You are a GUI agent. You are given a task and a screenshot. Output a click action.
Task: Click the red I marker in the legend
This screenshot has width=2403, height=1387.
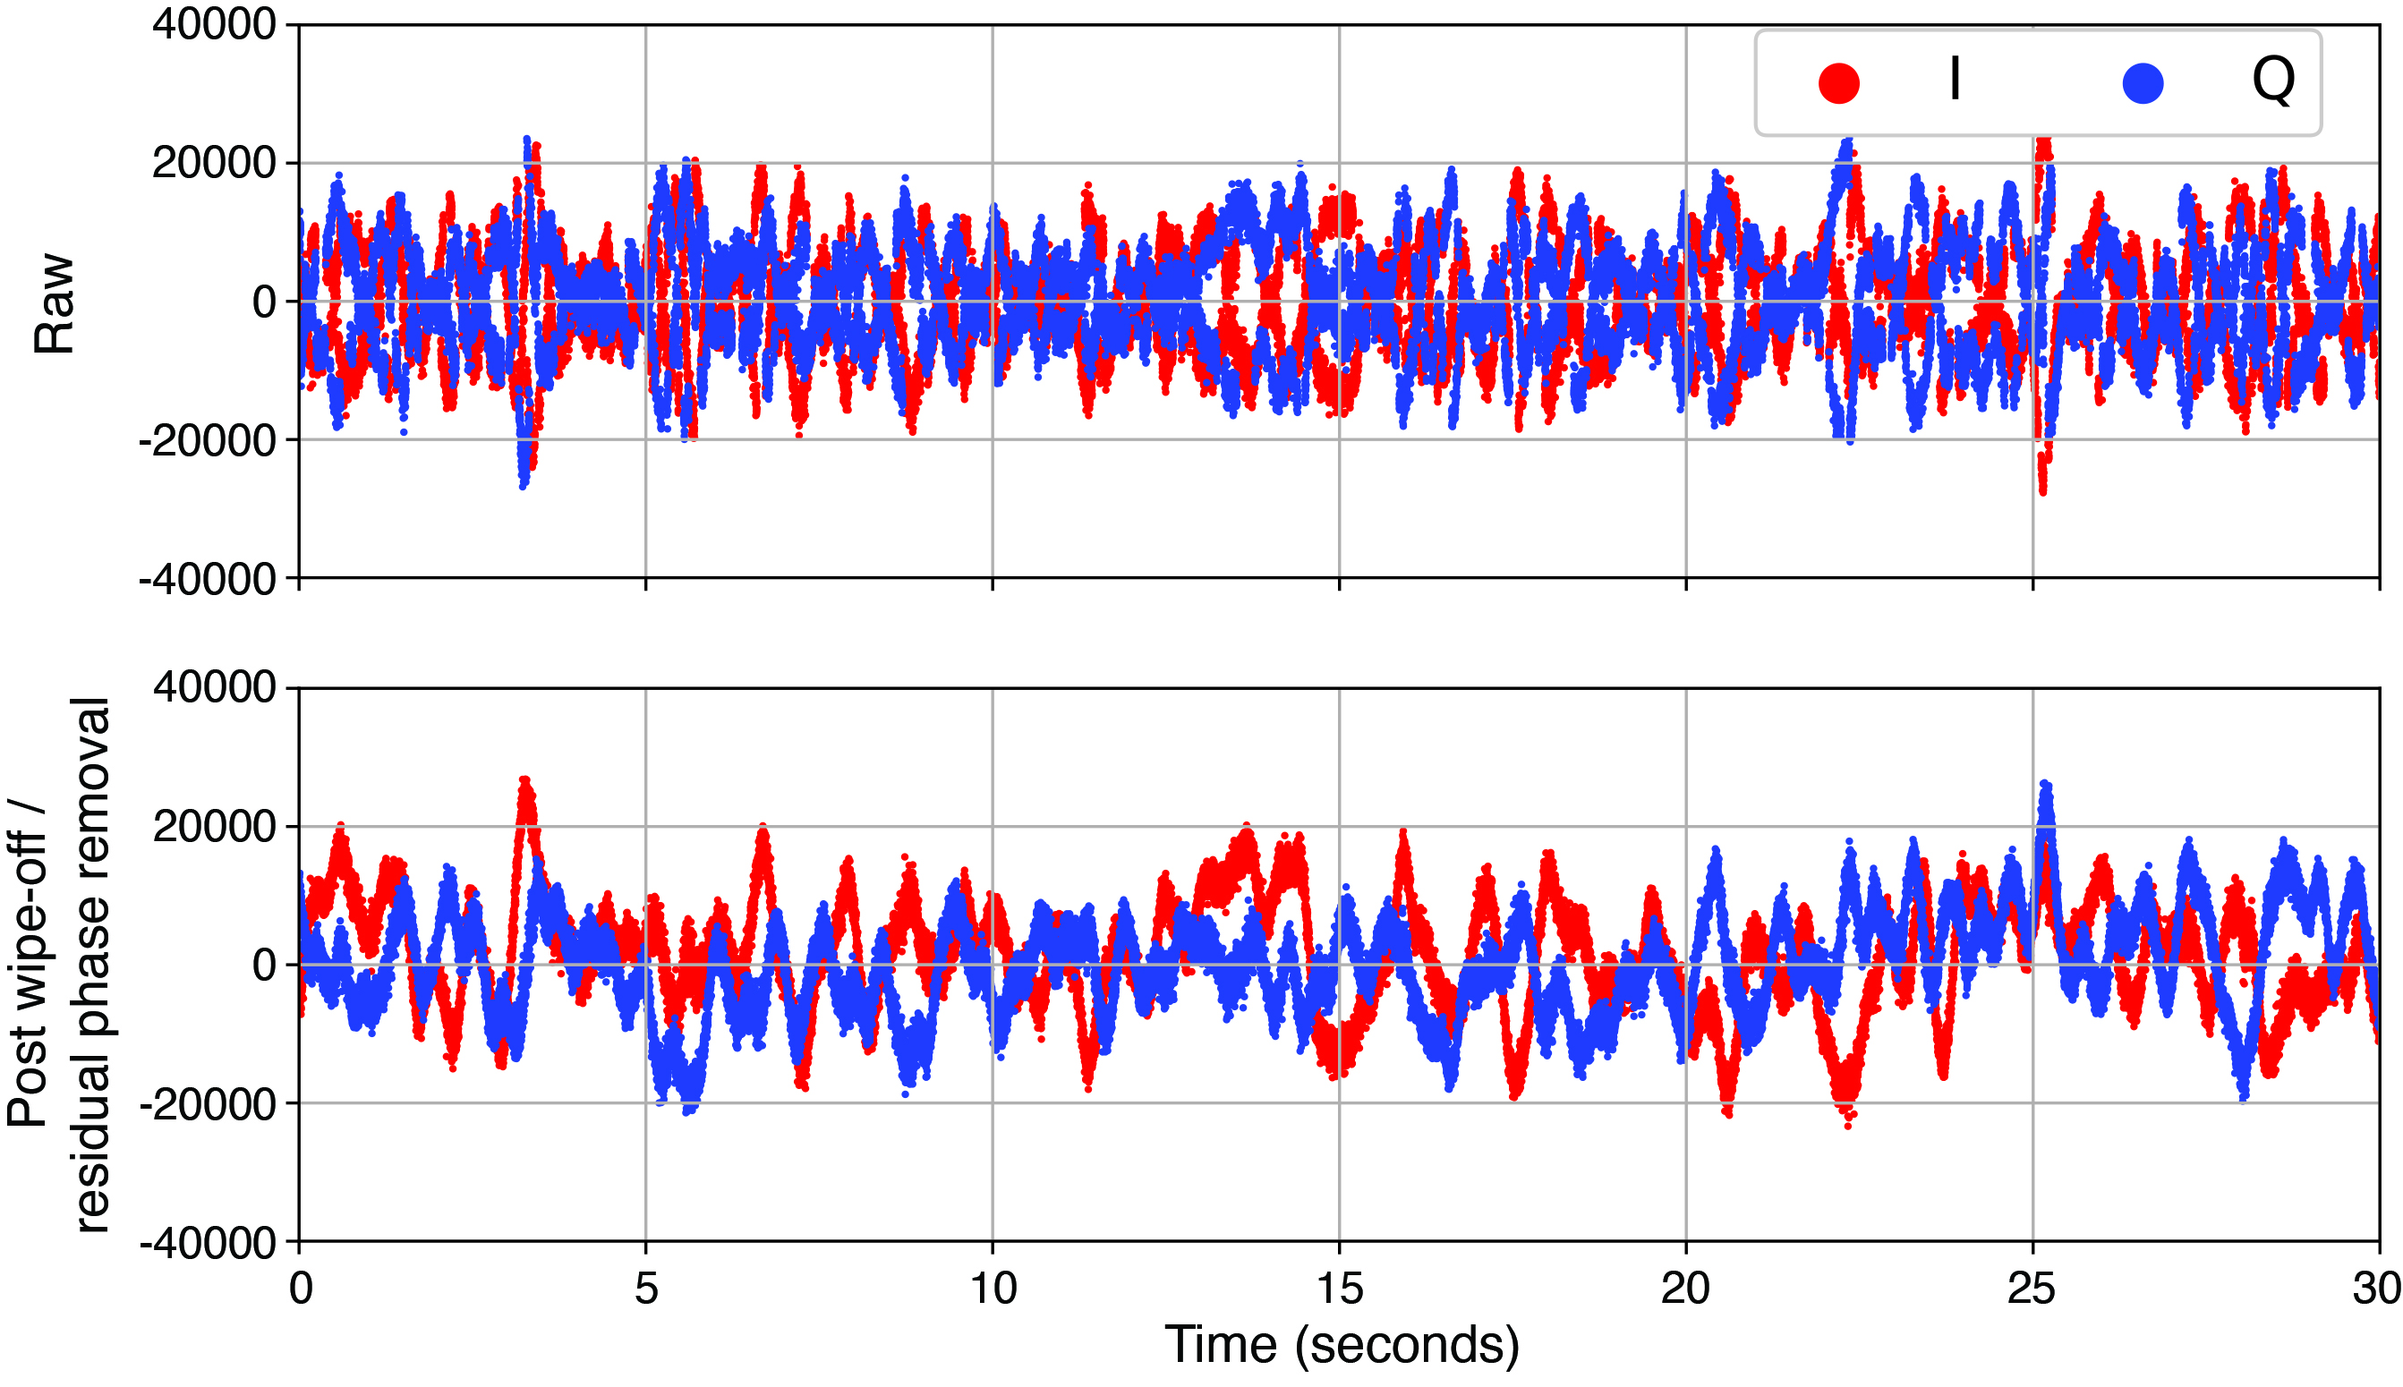click(1838, 83)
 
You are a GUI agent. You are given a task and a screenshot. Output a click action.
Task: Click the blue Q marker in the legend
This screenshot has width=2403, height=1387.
click(2142, 83)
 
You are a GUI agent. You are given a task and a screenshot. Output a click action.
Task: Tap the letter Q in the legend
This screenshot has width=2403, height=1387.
click(2272, 80)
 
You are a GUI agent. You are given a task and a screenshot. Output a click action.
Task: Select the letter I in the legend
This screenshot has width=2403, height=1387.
click(1955, 79)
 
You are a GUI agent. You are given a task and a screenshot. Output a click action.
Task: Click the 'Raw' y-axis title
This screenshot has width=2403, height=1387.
click(55, 303)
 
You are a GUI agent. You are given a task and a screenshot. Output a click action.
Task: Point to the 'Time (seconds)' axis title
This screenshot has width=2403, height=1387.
click(1341, 1345)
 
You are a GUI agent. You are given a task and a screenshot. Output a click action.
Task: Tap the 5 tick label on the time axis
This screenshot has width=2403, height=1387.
click(646, 1289)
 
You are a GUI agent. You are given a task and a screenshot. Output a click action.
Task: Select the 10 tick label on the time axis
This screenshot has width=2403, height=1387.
click(993, 1289)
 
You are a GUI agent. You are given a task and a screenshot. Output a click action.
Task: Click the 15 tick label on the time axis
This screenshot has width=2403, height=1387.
click(1339, 1289)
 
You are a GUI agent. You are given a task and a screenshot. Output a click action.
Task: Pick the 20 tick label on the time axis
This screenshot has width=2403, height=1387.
click(1686, 1289)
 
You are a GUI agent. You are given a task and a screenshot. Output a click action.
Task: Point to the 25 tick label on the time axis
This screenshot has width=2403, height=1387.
click(2032, 1289)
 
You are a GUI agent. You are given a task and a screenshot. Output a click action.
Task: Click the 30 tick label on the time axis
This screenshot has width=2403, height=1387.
click(2378, 1289)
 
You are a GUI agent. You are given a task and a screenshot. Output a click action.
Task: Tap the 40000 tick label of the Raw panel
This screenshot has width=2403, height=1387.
click(214, 25)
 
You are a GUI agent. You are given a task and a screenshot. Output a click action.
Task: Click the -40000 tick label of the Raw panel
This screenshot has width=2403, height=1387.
click(208, 579)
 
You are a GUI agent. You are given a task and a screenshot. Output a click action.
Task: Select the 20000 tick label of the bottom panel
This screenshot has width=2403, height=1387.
click(214, 827)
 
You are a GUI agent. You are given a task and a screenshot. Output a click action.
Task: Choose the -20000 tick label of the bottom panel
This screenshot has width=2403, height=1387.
click(208, 1104)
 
